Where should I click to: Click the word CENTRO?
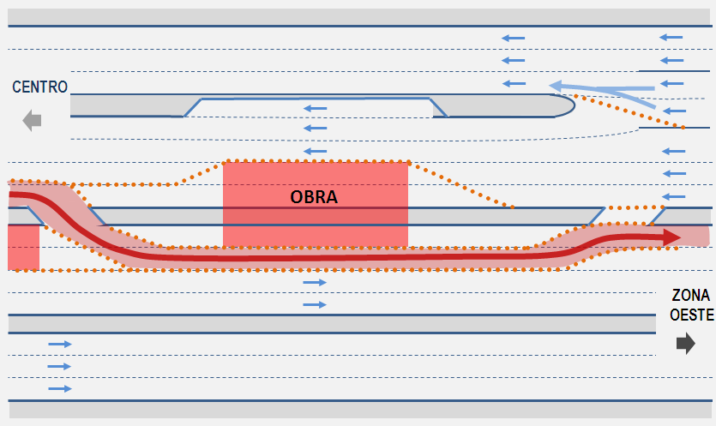39,87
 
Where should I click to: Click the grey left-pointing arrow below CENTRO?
32,121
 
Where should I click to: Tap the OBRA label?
314,197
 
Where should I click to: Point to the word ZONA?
690,296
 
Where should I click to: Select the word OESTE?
691,315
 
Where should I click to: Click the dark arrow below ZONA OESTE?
686,344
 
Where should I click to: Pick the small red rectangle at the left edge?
24,248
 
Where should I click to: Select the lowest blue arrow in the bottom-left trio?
60,388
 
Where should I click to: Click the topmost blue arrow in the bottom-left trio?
60,344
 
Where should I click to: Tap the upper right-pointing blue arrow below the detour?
315,283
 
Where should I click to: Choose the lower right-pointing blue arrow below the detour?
315,304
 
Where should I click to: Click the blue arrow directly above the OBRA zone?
315,151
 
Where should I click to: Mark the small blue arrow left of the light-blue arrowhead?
514,83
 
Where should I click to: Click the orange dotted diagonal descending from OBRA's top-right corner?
460,185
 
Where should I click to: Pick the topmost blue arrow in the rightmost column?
671,37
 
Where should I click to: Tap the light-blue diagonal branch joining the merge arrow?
634,99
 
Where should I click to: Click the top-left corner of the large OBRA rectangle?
223,163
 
